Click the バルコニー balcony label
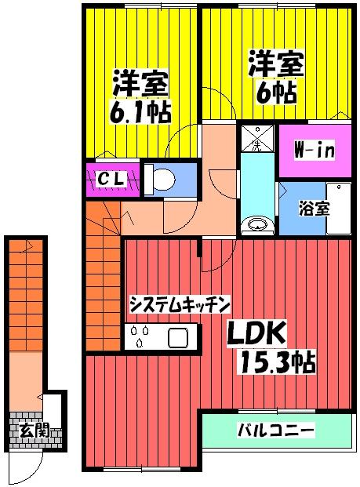275,431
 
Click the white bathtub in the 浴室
337,209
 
